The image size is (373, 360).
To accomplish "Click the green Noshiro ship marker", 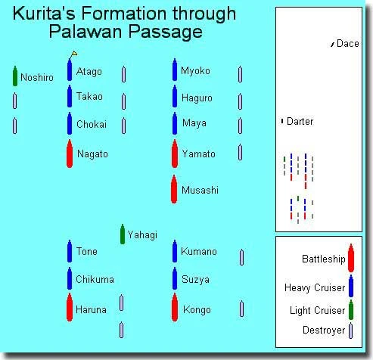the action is (x=15, y=76).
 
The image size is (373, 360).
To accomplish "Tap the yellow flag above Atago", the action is (x=74, y=54).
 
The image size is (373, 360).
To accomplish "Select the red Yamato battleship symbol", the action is (x=175, y=154).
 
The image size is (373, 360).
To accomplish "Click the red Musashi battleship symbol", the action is (x=174, y=189).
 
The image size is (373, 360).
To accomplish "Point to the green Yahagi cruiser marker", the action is (x=123, y=234).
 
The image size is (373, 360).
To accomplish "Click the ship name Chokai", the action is (x=92, y=124).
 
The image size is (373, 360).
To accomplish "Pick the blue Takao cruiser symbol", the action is (x=70, y=96).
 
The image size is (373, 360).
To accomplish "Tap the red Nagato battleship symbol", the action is (x=70, y=154).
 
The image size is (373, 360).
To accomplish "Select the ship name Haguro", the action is (x=197, y=98).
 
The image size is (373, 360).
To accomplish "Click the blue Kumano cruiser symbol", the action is (x=175, y=251).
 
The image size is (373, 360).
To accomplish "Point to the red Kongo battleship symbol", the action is (x=175, y=307).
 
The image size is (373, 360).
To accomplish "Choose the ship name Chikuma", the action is (x=95, y=279).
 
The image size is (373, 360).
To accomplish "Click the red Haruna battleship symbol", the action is (x=70, y=307).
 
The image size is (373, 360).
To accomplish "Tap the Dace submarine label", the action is (x=348, y=44).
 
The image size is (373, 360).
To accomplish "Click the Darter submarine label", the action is (x=300, y=121).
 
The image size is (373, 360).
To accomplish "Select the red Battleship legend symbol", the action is (x=351, y=258).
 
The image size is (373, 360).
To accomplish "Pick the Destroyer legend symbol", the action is (x=351, y=331).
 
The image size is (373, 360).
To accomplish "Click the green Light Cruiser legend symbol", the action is (x=351, y=310).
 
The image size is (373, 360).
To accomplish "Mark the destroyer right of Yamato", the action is (x=241, y=152).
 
